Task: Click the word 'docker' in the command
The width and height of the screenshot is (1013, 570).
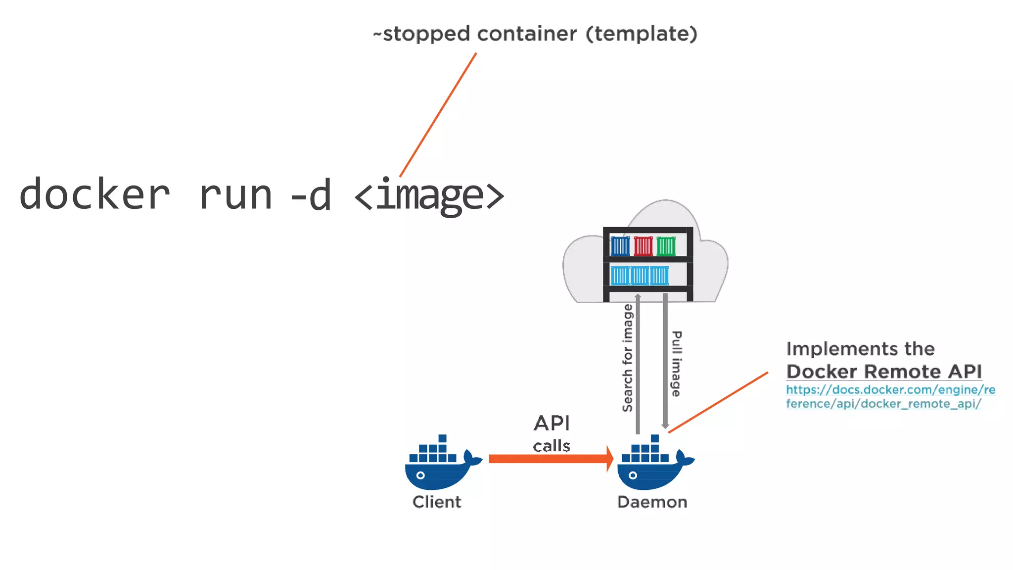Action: (x=94, y=194)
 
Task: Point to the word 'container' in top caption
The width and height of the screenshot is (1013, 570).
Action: (x=527, y=34)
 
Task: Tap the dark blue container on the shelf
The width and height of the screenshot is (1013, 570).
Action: (x=620, y=246)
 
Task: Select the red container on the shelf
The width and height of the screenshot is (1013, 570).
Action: (x=643, y=246)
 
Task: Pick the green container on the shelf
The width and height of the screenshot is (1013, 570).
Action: (x=666, y=246)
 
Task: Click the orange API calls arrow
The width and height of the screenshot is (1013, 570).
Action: (x=549, y=459)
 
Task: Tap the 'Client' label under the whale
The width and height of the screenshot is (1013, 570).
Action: (x=437, y=502)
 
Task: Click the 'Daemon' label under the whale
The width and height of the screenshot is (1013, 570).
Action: (x=652, y=502)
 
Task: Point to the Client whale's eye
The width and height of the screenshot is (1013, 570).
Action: (x=420, y=475)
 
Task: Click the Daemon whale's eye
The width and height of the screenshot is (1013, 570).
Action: (x=633, y=475)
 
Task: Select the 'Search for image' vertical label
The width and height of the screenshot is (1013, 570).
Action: (x=627, y=358)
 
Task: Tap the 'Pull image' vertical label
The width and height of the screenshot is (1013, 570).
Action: (x=676, y=364)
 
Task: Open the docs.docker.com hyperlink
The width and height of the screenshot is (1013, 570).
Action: (x=890, y=397)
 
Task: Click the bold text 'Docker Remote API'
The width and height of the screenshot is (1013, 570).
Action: (x=884, y=371)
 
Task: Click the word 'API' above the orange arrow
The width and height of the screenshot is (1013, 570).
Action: (x=552, y=424)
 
